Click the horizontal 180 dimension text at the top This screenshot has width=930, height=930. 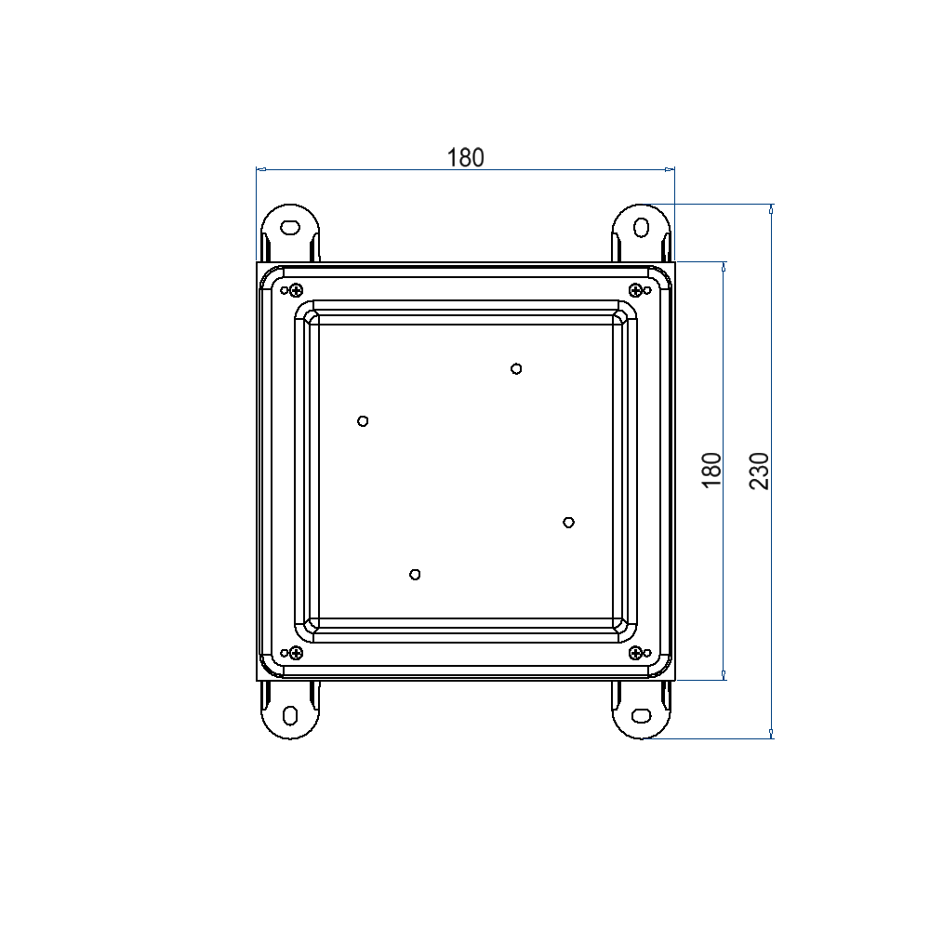(x=466, y=157)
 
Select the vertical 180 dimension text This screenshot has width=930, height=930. (x=711, y=471)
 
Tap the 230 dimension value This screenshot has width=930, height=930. (x=760, y=471)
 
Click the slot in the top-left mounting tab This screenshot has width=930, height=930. (x=290, y=227)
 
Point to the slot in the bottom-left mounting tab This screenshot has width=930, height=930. (x=290, y=715)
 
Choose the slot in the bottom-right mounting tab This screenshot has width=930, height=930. (x=641, y=714)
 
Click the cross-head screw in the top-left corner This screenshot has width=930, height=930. (x=296, y=288)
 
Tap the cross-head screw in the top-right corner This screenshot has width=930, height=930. (x=635, y=288)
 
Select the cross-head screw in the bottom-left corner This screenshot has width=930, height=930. (x=296, y=653)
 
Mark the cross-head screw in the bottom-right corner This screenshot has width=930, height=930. (x=635, y=653)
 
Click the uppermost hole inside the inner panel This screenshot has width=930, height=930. (x=516, y=368)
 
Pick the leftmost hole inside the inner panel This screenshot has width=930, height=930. (x=363, y=420)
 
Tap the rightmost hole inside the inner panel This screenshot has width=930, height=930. (x=568, y=522)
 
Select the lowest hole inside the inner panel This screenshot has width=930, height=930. (x=415, y=574)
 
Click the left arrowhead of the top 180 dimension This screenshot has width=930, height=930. (x=260, y=169)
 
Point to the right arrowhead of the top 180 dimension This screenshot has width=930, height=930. (x=670, y=169)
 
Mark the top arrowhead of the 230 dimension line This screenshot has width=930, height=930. (x=771, y=208)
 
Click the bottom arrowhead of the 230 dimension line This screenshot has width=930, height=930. (x=771, y=735)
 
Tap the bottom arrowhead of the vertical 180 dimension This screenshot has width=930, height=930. (x=724, y=676)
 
